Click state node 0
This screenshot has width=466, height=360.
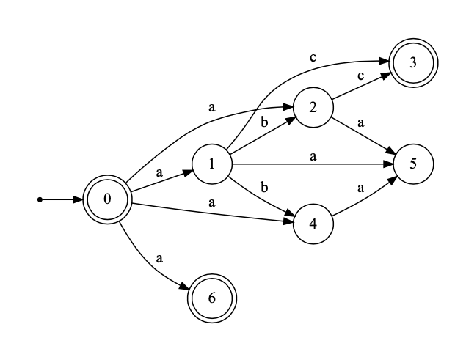108,199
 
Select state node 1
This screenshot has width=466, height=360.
211,163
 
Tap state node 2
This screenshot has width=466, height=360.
313,108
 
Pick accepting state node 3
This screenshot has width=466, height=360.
414,62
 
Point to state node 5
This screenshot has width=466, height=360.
414,163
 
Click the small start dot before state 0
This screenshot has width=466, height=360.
40,199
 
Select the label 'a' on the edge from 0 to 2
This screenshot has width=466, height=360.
212,107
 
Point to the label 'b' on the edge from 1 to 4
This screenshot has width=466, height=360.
263,188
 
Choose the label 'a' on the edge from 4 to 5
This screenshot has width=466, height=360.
361,188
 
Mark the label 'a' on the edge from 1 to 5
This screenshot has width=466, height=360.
313,156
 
